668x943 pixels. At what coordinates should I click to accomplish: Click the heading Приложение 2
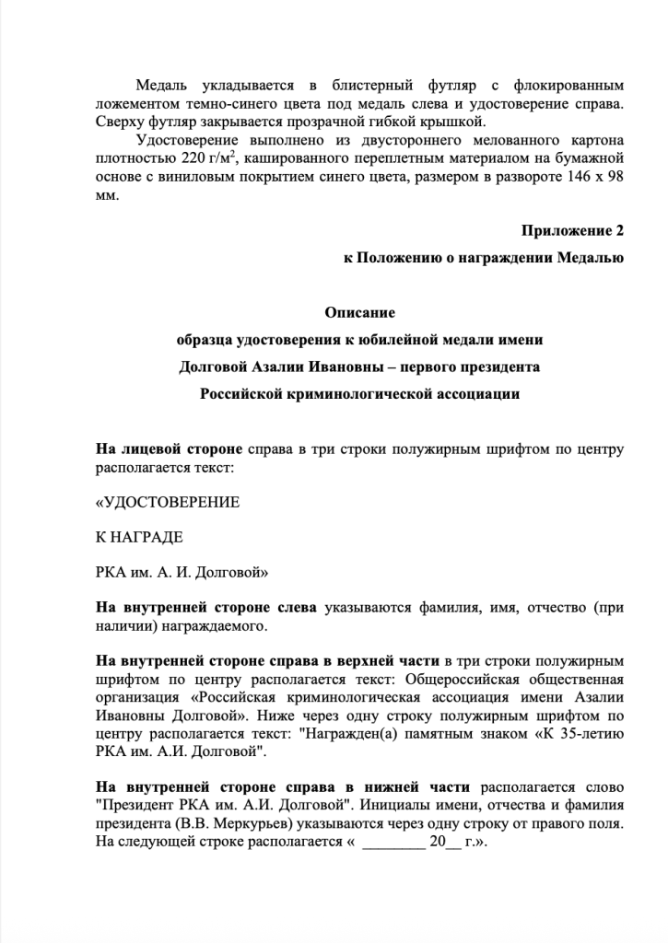coord(572,228)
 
